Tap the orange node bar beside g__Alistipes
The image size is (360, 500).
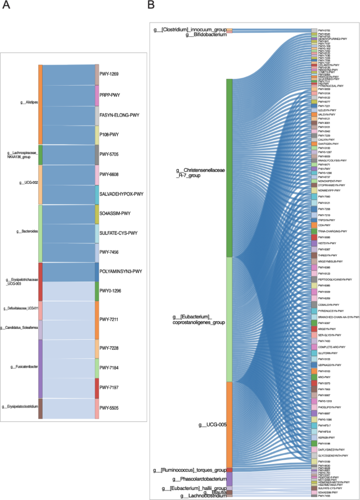[40, 105]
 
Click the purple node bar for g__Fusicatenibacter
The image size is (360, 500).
[40, 368]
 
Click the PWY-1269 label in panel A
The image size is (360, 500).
[109, 74]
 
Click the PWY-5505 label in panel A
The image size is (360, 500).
[109, 408]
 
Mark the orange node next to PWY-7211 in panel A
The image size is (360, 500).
[96, 319]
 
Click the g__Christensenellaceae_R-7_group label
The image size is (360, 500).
[201, 173]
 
